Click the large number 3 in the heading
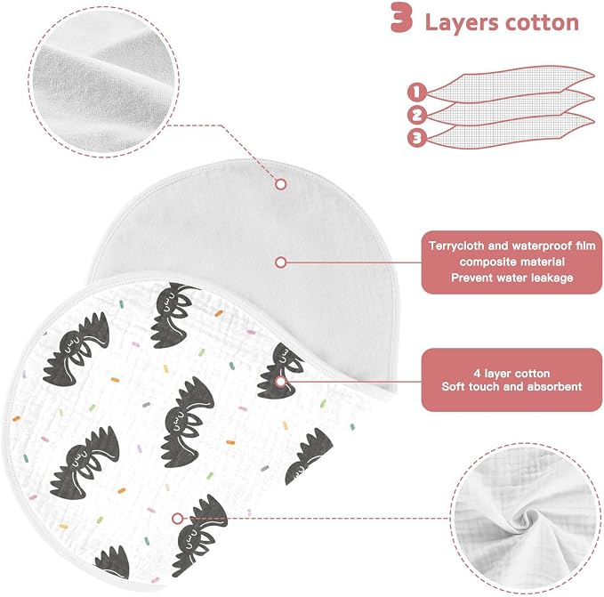click(402, 18)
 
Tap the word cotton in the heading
click(542, 22)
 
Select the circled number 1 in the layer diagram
click(416, 93)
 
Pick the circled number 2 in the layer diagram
click(417, 115)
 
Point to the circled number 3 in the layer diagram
click(417, 138)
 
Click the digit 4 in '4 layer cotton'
click(478, 373)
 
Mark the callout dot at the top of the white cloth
click(281, 184)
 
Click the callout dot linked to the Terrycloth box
click(281, 262)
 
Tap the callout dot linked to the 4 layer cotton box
click(281, 382)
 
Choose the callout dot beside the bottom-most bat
click(177, 519)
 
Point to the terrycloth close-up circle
click(103, 81)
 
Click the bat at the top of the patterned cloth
click(173, 315)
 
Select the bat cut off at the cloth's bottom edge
click(112, 562)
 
